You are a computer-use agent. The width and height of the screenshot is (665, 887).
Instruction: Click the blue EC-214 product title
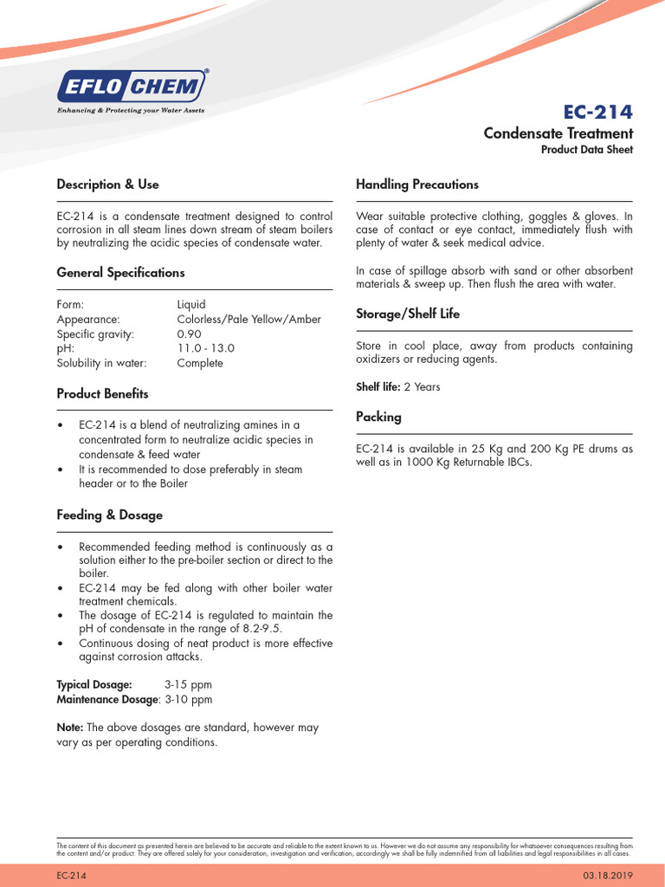pyautogui.click(x=597, y=112)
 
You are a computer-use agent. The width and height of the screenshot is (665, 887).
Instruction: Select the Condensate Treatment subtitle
pyautogui.click(x=558, y=133)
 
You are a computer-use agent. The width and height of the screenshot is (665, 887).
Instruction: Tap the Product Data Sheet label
pyautogui.click(x=586, y=150)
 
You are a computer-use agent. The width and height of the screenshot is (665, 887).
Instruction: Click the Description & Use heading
pyautogui.click(x=107, y=185)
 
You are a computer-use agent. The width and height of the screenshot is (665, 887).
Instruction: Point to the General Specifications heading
pyautogui.click(x=120, y=273)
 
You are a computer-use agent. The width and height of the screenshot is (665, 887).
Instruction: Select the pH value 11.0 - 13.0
pyautogui.click(x=205, y=348)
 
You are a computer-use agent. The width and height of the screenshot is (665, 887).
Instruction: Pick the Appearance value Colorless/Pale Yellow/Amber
pyautogui.click(x=249, y=319)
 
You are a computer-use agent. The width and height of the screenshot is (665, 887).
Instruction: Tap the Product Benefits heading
pyautogui.click(x=102, y=394)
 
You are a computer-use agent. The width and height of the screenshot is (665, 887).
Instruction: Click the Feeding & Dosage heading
pyautogui.click(x=109, y=515)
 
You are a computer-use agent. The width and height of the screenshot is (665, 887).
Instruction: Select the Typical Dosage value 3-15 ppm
pyautogui.click(x=188, y=684)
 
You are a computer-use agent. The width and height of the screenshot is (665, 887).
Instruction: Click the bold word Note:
pyautogui.click(x=70, y=728)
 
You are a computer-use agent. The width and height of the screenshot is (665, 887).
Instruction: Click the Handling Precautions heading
pyautogui.click(x=416, y=185)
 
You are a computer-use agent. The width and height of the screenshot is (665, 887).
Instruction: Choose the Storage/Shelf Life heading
pyautogui.click(x=408, y=314)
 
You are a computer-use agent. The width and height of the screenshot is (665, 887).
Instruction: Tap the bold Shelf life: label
pyautogui.click(x=378, y=387)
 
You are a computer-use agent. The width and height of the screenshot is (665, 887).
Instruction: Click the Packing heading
pyautogui.click(x=378, y=418)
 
